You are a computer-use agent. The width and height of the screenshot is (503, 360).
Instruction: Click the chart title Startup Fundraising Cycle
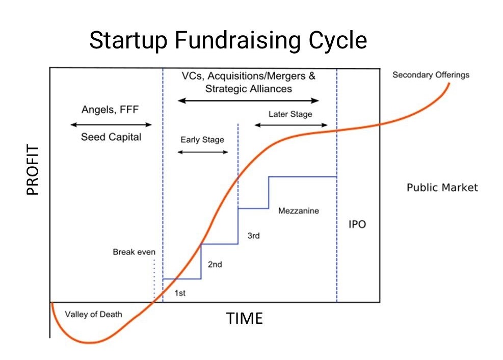(x=228, y=41)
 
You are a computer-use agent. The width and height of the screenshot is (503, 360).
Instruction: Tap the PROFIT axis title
(x=33, y=170)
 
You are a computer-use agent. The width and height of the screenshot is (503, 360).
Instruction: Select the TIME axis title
(x=245, y=319)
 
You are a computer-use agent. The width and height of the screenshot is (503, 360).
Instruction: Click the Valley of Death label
(x=93, y=315)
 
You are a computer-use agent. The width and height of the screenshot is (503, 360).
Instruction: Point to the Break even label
(x=134, y=252)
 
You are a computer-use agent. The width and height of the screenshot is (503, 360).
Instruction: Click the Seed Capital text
(x=111, y=137)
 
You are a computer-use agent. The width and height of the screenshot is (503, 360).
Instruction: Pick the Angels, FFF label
(x=110, y=110)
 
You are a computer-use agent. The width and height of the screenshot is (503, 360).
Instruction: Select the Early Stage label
(x=202, y=140)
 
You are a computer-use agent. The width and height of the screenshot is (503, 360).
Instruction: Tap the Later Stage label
(x=290, y=114)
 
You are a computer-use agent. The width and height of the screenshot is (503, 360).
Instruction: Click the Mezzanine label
(x=298, y=211)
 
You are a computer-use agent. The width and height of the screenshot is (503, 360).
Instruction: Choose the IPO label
(x=357, y=224)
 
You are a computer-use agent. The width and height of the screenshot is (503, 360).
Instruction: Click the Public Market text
(x=442, y=187)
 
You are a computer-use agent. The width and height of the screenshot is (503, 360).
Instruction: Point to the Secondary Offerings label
(x=431, y=75)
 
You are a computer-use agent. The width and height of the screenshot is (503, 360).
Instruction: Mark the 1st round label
(x=180, y=293)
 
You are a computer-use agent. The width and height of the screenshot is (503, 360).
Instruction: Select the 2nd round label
(x=215, y=264)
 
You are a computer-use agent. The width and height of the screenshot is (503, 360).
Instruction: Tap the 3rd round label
(x=253, y=236)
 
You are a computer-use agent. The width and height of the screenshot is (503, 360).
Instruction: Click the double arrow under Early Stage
(x=203, y=152)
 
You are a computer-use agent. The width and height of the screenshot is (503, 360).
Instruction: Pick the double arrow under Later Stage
(x=291, y=125)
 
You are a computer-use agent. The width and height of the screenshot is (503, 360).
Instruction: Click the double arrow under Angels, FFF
(x=111, y=124)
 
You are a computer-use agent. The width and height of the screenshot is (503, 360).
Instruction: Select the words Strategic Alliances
(x=249, y=89)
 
